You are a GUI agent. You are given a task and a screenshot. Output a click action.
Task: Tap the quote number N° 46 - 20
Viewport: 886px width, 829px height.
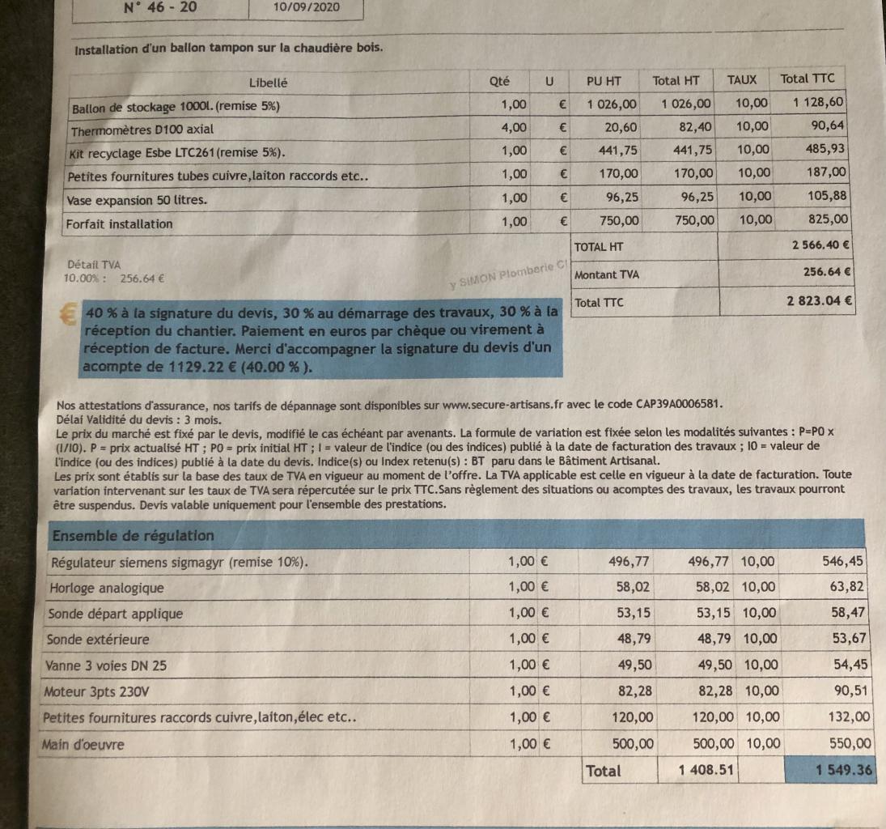(161, 8)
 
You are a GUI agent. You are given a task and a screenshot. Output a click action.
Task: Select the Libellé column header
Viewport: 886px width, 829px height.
(268, 83)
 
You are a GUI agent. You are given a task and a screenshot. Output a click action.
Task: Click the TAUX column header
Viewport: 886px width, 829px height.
(742, 79)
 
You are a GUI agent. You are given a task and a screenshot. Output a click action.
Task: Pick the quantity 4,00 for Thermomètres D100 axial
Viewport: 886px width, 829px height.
(514, 127)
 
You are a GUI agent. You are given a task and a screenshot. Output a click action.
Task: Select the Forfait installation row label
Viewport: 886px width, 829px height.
(120, 223)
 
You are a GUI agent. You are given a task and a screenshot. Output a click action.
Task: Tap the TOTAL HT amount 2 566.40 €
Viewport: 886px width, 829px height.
(820, 245)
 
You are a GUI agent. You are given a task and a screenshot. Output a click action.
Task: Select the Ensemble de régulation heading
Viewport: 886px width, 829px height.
(133, 536)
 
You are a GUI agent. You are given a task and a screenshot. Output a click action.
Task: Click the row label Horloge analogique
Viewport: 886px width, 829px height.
(107, 588)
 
